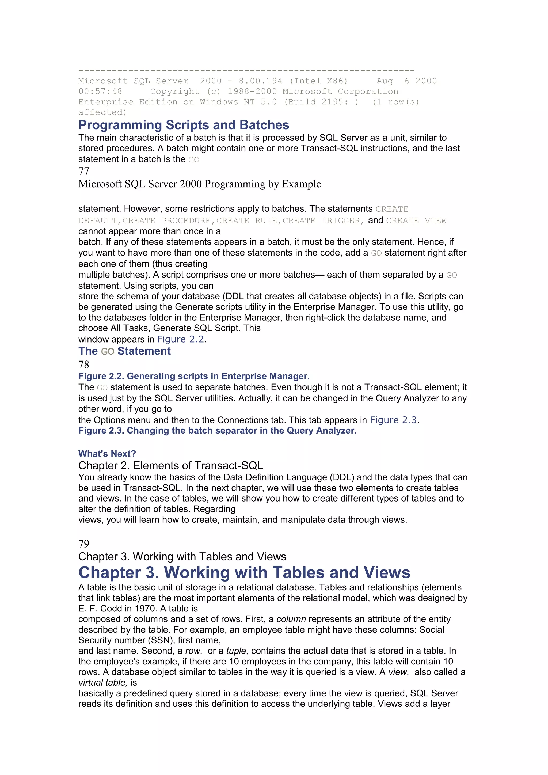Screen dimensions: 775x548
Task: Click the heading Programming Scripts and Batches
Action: point(184,125)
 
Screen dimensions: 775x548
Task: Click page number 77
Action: point(84,172)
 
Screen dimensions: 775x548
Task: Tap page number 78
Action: point(84,364)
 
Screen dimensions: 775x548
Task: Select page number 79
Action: point(84,544)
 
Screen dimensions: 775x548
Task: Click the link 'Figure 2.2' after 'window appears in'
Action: point(181,339)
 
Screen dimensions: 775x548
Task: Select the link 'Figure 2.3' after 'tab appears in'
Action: point(393,420)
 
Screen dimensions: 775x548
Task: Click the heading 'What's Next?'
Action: point(107,454)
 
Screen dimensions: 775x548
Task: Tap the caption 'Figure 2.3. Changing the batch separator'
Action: point(217,431)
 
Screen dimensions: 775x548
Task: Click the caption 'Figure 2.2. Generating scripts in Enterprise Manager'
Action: point(194,376)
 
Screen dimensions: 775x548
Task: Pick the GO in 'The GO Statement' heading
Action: point(108,352)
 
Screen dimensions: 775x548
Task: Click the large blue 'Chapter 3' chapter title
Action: point(244,573)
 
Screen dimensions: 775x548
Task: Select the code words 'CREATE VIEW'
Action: point(416,221)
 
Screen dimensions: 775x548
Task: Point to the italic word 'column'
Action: point(291,619)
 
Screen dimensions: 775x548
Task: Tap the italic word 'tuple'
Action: point(237,651)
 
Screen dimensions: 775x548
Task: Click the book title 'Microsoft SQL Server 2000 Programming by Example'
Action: point(199,184)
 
